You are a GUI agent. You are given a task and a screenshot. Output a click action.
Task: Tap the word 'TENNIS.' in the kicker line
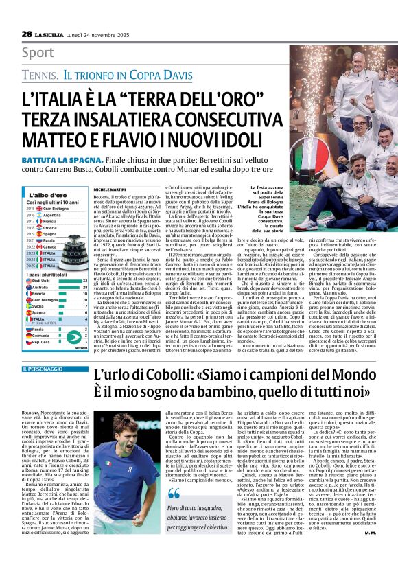point(40,73)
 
